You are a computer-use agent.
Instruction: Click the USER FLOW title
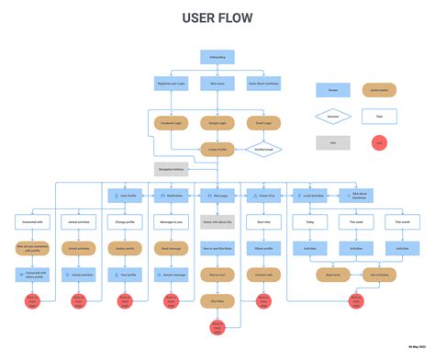(217, 17)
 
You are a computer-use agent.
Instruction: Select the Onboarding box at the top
(217, 57)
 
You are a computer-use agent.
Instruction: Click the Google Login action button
(217, 121)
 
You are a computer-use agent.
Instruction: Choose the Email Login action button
(262, 121)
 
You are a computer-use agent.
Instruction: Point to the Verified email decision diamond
(263, 148)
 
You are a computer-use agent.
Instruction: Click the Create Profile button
(217, 148)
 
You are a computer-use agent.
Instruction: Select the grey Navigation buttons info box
(171, 169)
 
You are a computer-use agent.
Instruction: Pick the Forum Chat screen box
(262, 195)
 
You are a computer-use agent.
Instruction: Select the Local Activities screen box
(308, 195)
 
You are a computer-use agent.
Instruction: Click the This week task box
(354, 221)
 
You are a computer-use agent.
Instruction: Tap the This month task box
(400, 221)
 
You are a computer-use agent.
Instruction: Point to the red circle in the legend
(378, 142)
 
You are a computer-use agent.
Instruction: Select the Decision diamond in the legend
(332, 117)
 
